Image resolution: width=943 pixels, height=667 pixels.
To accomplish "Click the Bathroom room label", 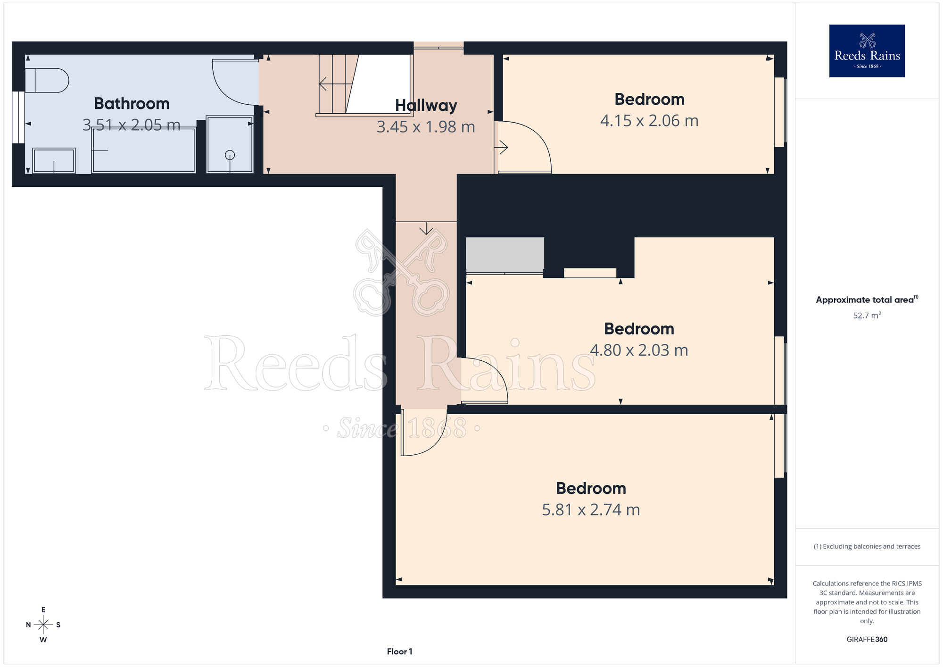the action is (x=132, y=103).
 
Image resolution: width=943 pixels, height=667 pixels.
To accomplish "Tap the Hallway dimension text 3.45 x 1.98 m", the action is (x=426, y=127).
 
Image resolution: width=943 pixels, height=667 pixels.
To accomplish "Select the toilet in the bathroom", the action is (x=47, y=81).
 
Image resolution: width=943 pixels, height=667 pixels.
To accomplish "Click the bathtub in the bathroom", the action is (x=144, y=150).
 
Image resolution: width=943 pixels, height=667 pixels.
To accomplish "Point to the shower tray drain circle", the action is (x=230, y=155).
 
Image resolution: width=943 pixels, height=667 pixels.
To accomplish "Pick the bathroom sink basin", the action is (x=54, y=160).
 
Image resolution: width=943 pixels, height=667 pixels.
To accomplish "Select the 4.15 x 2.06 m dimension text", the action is (x=649, y=121).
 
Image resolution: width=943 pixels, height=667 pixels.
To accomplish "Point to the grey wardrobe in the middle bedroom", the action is (x=505, y=255).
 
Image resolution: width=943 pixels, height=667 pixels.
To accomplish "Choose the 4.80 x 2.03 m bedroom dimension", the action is (x=639, y=350).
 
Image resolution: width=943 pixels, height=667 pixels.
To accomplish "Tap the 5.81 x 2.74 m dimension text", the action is (x=591, y=510).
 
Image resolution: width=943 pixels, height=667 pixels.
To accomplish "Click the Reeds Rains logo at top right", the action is (x=867, y=51).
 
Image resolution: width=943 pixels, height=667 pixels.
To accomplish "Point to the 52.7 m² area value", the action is (x=867, y=315).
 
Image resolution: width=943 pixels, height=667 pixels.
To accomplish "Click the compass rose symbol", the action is (x=43, y=625).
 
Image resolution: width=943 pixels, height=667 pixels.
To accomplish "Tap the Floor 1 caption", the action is (x=399, y=651).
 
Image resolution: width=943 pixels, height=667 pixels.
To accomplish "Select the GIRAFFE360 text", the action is (x=867, y=640).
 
